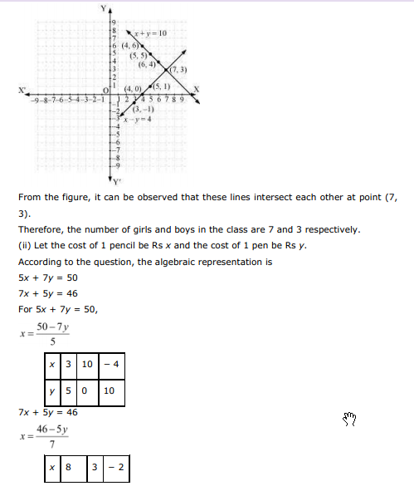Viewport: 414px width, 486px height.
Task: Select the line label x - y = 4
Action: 136,119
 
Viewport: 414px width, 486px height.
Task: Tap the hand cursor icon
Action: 349,419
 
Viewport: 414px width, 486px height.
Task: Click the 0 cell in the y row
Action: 86,390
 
